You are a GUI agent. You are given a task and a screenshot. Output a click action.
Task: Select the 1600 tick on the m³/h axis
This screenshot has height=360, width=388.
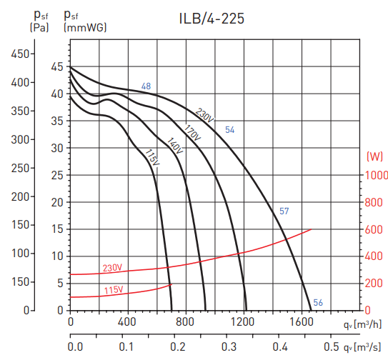click(302, 321)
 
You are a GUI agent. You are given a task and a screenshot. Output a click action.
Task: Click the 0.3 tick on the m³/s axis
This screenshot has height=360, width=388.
click(230, 347)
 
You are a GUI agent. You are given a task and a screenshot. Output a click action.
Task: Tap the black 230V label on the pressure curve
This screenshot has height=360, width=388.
click(204, 115)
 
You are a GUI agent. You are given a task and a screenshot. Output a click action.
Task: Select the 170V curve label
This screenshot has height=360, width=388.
click(191, 133)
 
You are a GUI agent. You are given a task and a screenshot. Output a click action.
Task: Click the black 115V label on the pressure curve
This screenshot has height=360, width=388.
click(151, 156)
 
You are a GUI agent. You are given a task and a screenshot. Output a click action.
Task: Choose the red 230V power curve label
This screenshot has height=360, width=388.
click(113, 269)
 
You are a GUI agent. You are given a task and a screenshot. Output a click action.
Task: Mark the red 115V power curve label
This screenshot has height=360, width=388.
click(113, 290)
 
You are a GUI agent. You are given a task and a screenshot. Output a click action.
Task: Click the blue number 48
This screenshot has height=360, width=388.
click(146, 87)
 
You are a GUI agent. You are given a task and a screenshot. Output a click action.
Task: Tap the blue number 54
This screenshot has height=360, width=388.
click(230, 130)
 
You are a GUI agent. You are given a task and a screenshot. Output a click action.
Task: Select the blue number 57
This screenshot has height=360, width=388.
click(284, 211)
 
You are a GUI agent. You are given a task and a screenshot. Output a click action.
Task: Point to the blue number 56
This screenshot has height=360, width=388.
click(318, 303)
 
